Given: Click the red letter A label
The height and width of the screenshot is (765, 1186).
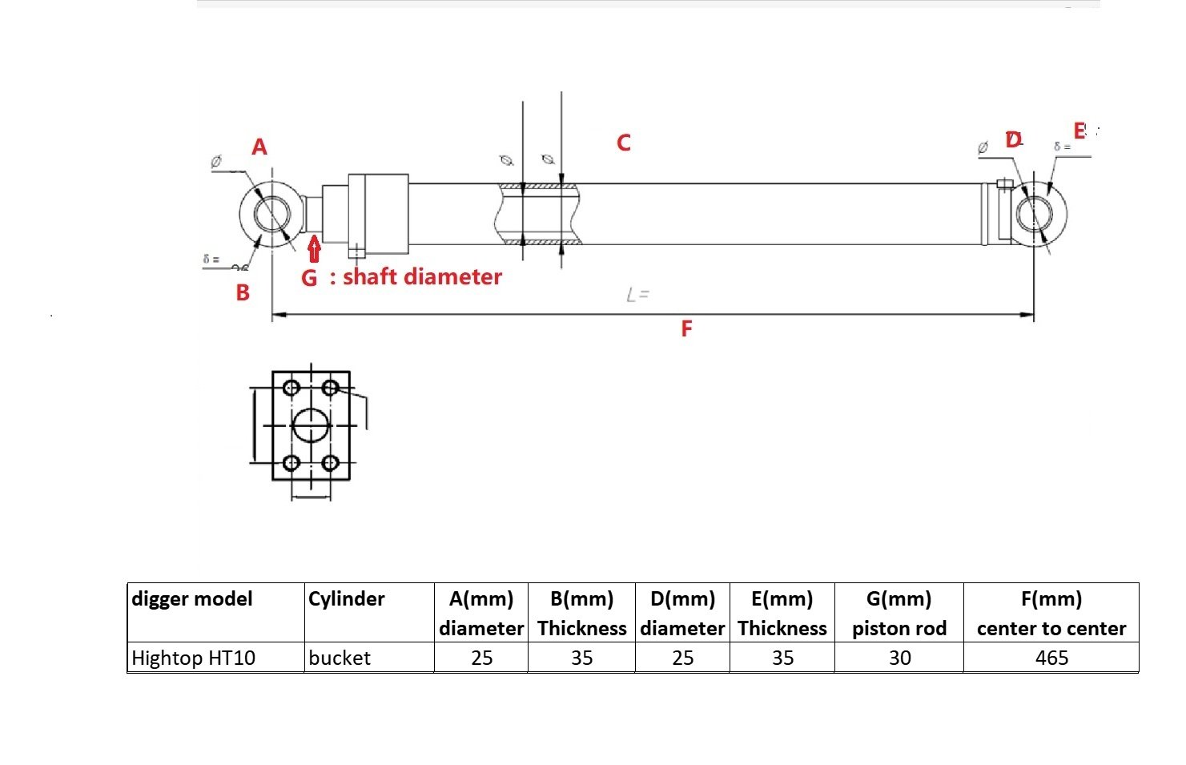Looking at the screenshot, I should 259,147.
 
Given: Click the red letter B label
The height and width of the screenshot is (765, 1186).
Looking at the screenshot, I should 243,293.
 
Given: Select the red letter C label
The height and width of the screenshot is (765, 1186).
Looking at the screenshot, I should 624,143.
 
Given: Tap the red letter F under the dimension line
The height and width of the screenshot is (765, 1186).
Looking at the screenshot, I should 686,329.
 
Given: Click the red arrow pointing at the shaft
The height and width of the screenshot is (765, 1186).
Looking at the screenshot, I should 314,249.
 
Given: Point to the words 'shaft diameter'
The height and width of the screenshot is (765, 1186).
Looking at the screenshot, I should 422,277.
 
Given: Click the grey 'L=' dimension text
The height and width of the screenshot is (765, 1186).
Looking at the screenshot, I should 637,296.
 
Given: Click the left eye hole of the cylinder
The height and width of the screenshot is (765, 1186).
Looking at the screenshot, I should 272,213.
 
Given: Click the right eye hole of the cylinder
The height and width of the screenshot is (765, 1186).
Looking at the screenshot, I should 1040,213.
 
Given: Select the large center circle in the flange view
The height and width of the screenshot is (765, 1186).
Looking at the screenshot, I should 311,425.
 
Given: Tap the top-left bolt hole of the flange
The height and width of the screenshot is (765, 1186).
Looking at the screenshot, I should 291,389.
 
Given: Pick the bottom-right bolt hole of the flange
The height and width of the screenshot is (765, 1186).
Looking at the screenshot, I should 329,463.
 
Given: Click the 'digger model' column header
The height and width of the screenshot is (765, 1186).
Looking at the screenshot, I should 192,599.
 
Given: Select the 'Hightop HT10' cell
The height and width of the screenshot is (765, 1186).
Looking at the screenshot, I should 193,658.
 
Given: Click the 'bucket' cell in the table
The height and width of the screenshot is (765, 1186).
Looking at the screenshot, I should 340,658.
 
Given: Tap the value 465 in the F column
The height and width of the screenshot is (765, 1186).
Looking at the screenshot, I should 1051,658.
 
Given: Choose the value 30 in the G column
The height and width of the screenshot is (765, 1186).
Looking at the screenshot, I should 899,658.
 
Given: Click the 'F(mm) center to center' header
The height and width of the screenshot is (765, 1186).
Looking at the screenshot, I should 1051,614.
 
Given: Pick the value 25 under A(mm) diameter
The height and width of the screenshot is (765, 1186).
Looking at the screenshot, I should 482,658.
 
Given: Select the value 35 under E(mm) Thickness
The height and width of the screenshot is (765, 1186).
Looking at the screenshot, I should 782,658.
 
